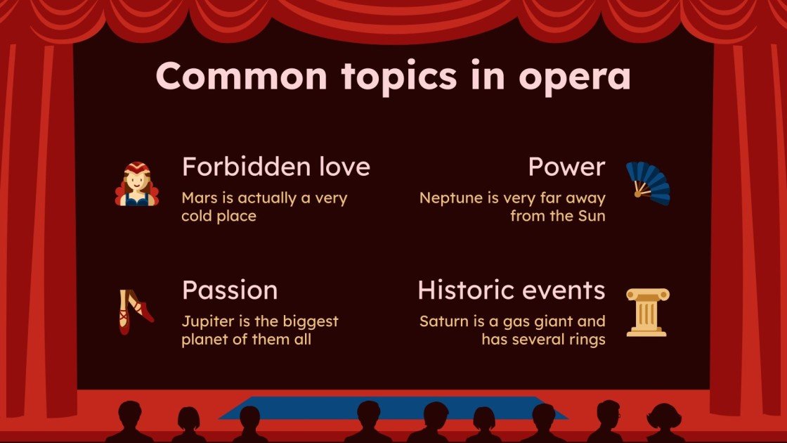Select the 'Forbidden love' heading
pos(275,167)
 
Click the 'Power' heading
pos(566,167)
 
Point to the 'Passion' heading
pos(229,290)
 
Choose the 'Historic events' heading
pos(511,290)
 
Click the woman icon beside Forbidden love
pos(137,184)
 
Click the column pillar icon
pos(647,312)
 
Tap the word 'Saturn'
pos(445,322)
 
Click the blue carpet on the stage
pos(393,408)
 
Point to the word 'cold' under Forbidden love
pos(197,216)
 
